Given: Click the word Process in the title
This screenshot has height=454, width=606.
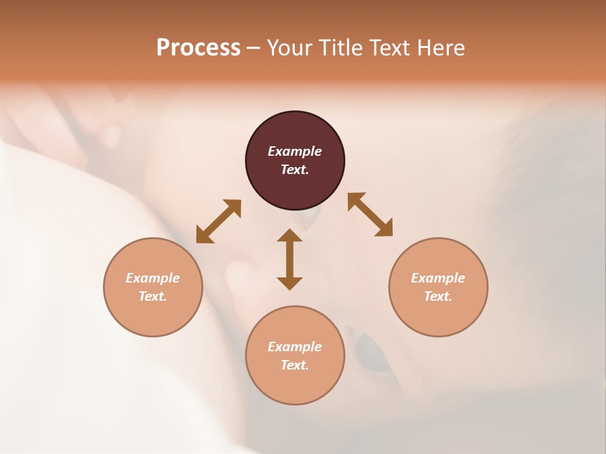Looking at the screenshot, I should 198,48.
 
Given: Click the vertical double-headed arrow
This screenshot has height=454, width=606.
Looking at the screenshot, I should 290,259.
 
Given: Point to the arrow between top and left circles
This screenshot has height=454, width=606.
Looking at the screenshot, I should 218,221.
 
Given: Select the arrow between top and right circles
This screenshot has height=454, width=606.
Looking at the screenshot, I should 371,214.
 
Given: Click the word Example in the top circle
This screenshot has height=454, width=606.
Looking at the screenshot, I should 295,151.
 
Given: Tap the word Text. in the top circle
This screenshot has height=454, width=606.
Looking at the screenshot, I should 295,170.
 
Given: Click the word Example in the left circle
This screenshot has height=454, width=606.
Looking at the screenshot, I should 153,278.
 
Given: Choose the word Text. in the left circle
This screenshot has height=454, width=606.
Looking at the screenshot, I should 153,296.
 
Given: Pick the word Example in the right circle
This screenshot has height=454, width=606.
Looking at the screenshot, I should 438,278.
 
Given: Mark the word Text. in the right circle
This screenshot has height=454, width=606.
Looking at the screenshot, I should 438,296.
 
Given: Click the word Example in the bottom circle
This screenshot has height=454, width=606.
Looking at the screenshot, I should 295,347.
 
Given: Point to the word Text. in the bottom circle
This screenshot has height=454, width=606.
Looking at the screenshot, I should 295,365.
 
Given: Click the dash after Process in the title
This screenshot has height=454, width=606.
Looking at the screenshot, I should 254,49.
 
